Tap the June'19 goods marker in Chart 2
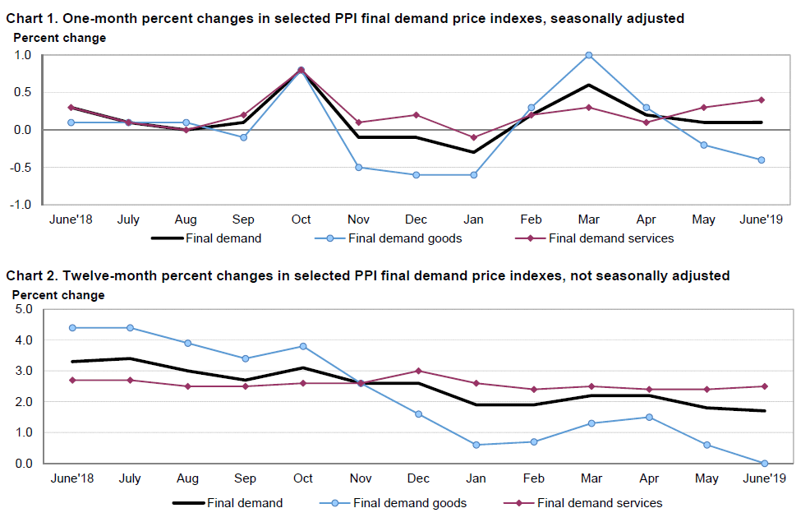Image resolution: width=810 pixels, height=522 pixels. point(764,464)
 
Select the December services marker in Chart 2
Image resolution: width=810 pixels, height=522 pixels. point(418,371)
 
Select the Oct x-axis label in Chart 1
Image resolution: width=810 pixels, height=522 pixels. point(301,220)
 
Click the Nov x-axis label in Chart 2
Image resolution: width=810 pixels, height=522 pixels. point(360,479)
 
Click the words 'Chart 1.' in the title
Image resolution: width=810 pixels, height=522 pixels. point(32,18)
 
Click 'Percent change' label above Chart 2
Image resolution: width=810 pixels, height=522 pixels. point(58,295)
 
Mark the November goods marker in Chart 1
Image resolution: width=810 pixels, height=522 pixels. point(359,167)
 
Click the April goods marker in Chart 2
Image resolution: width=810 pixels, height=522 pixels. point(649,417)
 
